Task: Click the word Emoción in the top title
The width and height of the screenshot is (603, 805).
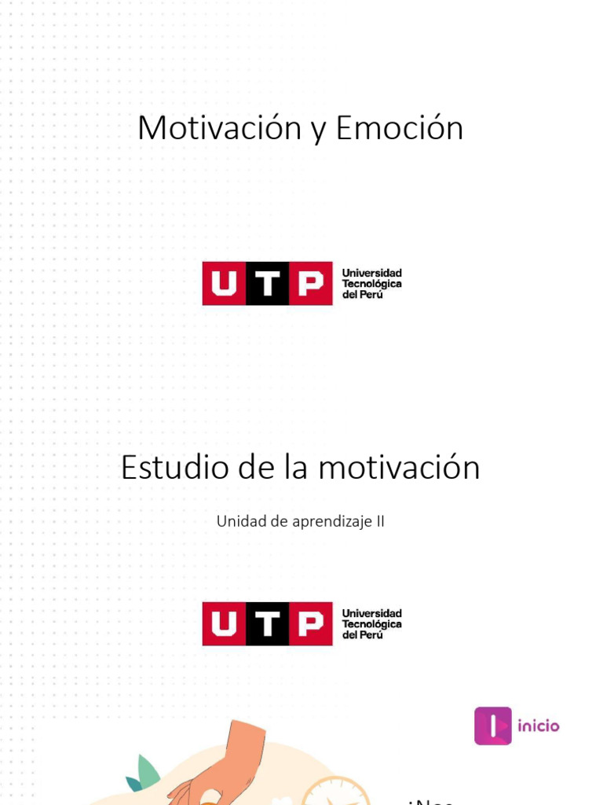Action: tap(400, 128)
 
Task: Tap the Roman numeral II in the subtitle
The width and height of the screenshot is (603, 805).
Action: tap(380, 520)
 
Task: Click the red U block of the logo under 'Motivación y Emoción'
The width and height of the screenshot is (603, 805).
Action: tap(224, 284)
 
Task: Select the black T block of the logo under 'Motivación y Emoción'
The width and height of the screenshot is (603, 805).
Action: tap(268, 284)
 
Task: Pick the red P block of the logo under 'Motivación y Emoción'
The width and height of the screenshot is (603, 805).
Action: tap(311, 284)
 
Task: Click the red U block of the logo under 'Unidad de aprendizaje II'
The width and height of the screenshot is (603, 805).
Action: tap(224, 624)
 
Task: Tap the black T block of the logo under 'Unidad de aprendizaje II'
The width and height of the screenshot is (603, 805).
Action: tap(268, 624)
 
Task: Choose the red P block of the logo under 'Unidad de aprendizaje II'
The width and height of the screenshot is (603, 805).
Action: tap(311, 624)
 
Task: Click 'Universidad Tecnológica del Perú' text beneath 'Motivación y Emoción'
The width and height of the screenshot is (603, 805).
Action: tap(371, 283)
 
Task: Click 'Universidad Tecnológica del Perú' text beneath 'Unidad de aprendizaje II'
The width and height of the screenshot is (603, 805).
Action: tap(371, 623)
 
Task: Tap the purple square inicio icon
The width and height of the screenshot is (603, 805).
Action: tap(493, 726)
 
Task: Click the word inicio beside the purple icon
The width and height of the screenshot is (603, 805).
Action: tap(538, 726)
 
